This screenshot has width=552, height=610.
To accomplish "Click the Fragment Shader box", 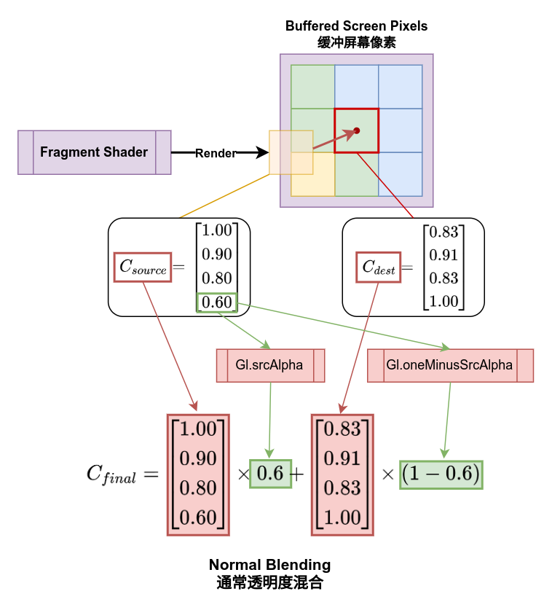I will point(94,152).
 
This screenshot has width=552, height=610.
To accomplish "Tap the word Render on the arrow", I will point(216,153).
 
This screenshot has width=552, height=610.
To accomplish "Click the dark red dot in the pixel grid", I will point(357,130).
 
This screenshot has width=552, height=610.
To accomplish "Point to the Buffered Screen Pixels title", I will point(356,26).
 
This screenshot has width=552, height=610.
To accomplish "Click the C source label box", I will point(143,267).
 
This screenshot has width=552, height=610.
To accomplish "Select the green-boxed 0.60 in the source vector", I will point(216,302).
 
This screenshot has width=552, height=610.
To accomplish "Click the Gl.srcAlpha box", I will point(269,365).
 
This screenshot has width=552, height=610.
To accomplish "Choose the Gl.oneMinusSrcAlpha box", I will point(449,365).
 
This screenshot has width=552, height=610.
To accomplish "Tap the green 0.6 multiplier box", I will point(270,473).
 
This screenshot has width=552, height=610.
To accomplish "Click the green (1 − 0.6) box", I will point(441,474).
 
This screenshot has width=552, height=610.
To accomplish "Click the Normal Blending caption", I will point(269,565).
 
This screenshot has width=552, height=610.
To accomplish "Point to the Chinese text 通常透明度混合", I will point(269,582).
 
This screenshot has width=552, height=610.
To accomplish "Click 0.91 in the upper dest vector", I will point(443,255).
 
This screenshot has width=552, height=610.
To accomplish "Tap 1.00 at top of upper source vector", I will point(216,231).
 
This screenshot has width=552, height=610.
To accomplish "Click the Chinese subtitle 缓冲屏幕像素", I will point(356,42).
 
